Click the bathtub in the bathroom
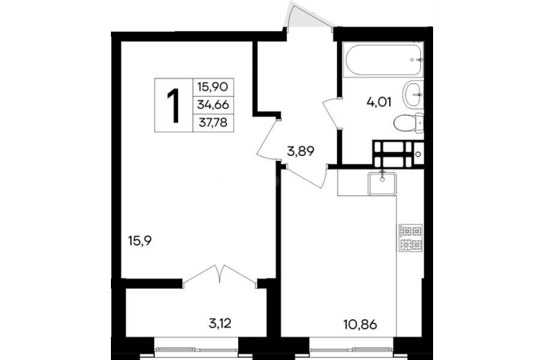(383, 59)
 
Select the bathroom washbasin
(413, 94)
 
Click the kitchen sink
(382, 184)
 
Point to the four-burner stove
(410, 238)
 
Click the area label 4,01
(379, 102)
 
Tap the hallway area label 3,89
(300, 151)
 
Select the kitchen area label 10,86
(360, 325)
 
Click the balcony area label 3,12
(220, 323)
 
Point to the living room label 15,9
(140, 241)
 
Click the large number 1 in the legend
(174, 105)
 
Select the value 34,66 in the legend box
(213, 104)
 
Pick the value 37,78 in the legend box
(213, 122)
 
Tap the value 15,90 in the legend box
(213, 86)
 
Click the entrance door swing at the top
(307, 15)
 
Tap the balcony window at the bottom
(196, 350)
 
